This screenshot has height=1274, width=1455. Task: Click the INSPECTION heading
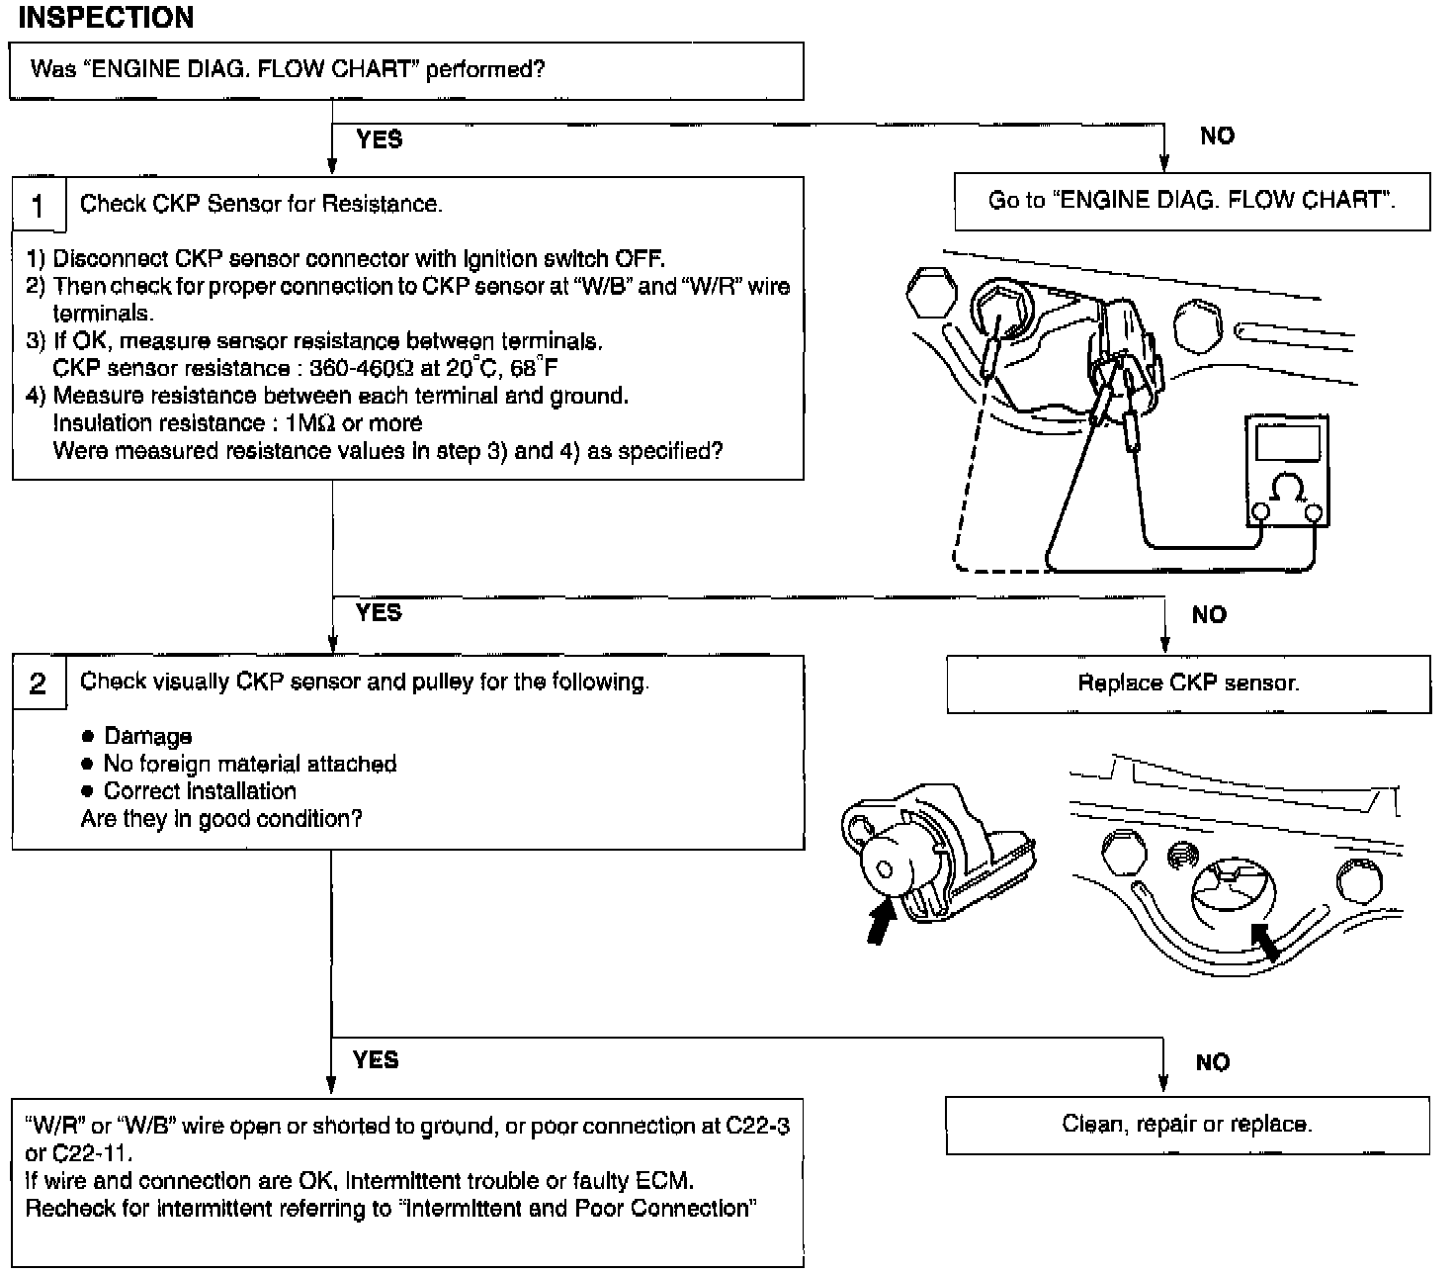(x=106, y=18)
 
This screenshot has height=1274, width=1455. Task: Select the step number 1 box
(x=39, y=205)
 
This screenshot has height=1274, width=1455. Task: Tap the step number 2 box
(x=39, y=683)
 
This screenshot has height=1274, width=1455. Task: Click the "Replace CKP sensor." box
(x=1188, y=683)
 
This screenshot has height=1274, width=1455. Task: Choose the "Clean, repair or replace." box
(x=1187, y=1125)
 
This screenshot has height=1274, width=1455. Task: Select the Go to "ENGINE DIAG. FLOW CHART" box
(x=1192, y=201)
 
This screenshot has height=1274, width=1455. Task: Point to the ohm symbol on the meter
(x=1287, y=489)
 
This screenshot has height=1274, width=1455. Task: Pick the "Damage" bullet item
(x=147, y=737)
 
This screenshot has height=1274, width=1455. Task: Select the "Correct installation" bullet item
(x=200, y=792)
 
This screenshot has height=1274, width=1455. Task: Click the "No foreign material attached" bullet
(x=250, y=765)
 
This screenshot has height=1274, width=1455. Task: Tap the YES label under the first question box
(x=380, y=139)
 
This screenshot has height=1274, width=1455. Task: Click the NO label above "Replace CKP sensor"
(x=1209, y=615)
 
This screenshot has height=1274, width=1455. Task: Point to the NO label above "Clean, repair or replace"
(x=1213, y=1062)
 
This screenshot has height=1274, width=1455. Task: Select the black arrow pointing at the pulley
(x=1264, y=941)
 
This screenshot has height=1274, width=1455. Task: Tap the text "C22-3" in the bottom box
(x=757, y=1127)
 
